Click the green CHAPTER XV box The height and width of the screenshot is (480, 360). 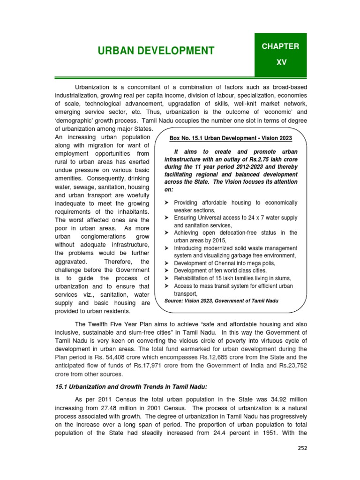[280, 54]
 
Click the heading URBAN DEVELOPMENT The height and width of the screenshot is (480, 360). [156, 51]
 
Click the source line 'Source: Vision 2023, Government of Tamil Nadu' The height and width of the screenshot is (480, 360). [222, 300]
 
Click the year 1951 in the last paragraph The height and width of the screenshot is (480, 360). [274, 433]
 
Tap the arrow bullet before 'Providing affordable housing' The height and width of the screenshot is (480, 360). [167, 202]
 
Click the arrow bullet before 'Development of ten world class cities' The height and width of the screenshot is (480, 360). [167, 270]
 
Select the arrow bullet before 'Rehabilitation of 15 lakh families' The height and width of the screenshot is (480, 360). [167, 278]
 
